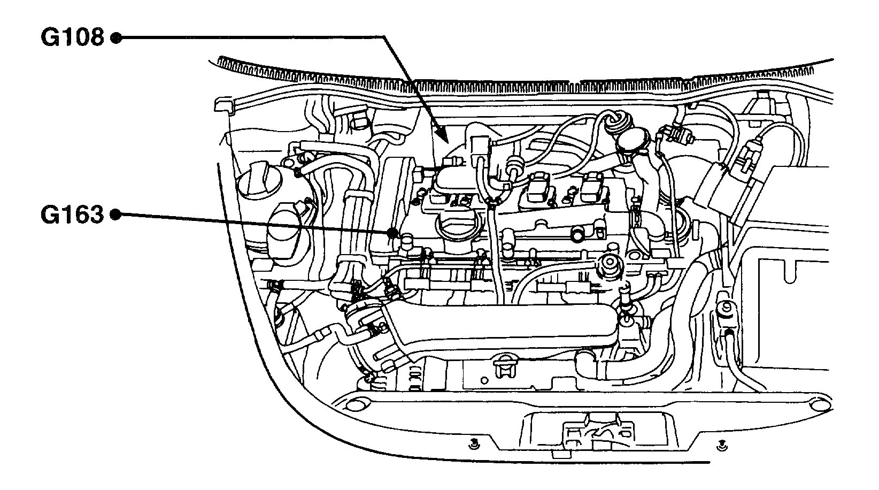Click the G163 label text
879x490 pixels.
pos(72,215)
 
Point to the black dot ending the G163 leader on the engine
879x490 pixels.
pos(394,233)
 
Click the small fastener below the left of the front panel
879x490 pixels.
pos(473,442)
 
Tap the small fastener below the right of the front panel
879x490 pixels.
pos(721,443)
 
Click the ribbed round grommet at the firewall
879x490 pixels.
pos(616,122)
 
